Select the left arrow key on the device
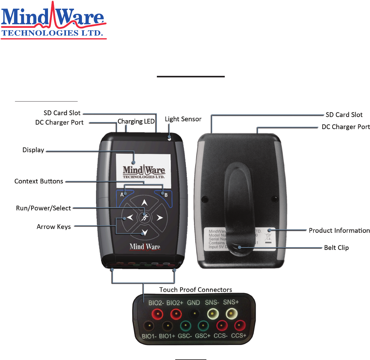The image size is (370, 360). [x=130, y=217]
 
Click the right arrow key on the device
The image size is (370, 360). [x=159, y=217]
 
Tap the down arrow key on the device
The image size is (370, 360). [x=144, y=232]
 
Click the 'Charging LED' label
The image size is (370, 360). [x=136, y=121]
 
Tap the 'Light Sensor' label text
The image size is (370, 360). [x=183, y=119]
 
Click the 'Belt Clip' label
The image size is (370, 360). [x=336, y=248]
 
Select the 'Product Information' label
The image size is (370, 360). [x=339, y=231]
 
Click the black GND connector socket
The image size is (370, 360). [x=194, y=314]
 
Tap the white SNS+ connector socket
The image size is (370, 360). [x=231, y=314]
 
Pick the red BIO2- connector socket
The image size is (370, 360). [x=157, y=314]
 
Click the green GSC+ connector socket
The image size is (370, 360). [x=203, y=326]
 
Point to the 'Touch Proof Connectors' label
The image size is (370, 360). [x=195, y=290]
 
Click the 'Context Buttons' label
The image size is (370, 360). [x=39, y=181]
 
